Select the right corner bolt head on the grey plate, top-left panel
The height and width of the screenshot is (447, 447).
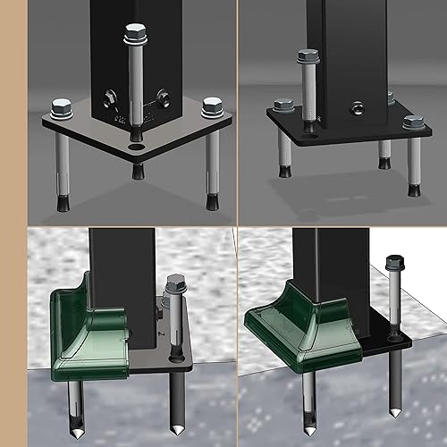(212, 108)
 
